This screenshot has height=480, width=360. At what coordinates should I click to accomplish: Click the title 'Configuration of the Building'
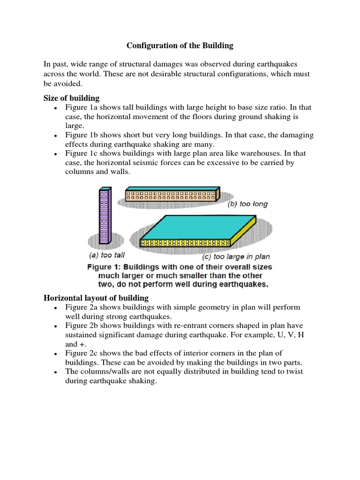pos(180,46)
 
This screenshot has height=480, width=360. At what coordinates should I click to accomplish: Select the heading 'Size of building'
pos(71,98)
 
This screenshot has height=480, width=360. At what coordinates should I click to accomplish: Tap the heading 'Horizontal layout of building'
pos(96,298)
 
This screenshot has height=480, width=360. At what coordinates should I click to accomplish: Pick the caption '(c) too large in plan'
pos(236,256)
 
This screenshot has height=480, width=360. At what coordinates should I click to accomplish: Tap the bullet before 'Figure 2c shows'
pos(55,353)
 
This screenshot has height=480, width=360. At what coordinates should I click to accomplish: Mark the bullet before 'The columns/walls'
pos(55,372)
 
